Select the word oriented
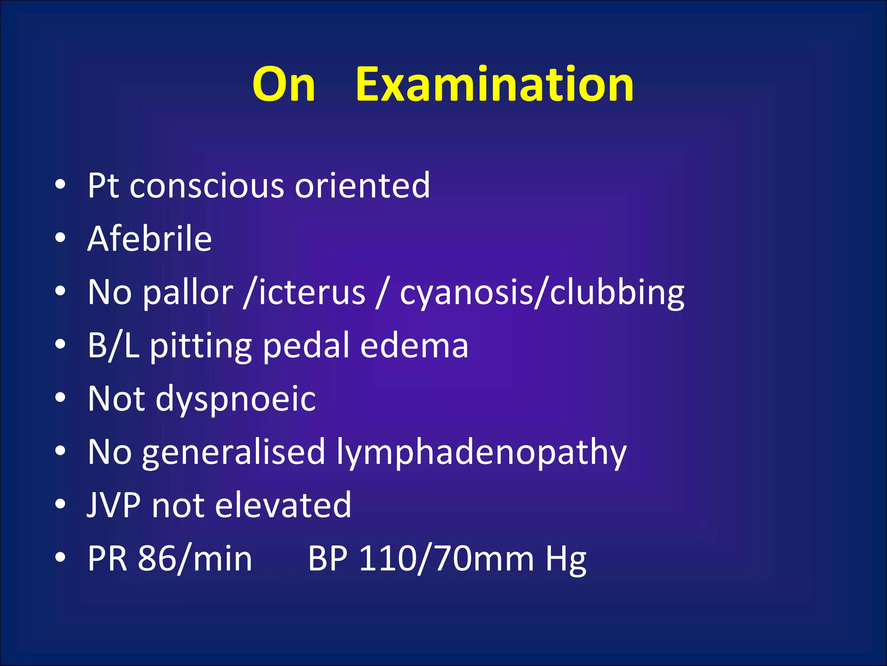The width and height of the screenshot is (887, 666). pos(363,186)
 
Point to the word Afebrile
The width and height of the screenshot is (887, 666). pos(149,239)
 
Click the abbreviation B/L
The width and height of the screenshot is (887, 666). pos(113,346)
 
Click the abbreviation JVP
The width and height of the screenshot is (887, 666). pos(113,505)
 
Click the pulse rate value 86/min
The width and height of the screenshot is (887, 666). pos(195,559)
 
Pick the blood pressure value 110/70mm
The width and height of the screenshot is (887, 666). pos(447,559)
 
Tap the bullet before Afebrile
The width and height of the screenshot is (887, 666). pos(60,238)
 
